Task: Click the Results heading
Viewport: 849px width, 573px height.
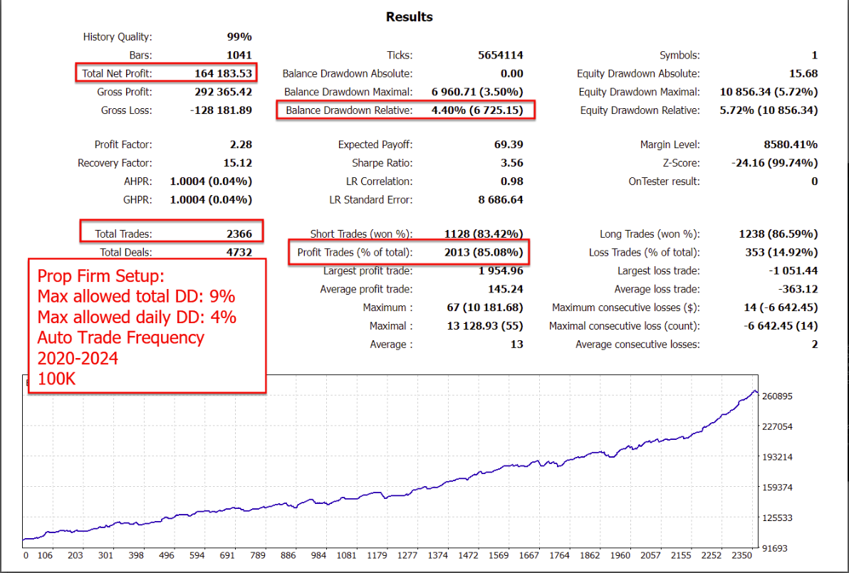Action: [x=409, y=16]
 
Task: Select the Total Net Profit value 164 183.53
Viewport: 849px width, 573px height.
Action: [x=223, y=73]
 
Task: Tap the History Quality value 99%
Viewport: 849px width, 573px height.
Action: [x=239, y=36]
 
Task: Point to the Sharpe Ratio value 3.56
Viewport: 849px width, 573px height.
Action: [x=511, y=163]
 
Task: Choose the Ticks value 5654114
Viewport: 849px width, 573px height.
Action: [x=500, y=55]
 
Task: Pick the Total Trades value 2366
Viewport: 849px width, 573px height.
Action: [x=237, y=233]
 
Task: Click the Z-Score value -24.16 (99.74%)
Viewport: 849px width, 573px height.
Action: [x=774, y=163]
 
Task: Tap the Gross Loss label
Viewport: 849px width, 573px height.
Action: [x=127, y=110]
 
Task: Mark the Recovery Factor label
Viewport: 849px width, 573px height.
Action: [x=115, y=163]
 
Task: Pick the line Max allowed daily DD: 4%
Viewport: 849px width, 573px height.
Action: [x=137, y=317]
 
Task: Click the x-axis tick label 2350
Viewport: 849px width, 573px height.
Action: [x=741, y=555]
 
